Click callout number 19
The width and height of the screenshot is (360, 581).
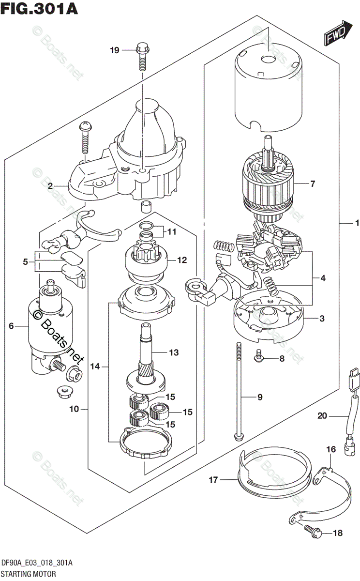[x=114, y=49]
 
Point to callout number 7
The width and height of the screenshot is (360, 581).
[x=313, y=184]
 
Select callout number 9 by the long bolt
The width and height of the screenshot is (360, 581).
[x=259, y=398]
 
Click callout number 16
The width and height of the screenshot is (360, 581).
[x=330, y=450]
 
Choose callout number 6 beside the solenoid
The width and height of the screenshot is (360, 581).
[x=11, y=326]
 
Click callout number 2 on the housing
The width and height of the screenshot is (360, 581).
[x=50, y=185]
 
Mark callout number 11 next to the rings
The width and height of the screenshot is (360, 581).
[x=172, y=232]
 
